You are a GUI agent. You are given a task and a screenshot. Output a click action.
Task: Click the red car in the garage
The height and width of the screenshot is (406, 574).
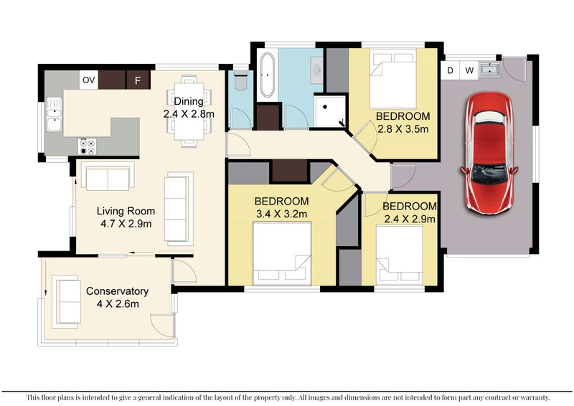pos(489,153)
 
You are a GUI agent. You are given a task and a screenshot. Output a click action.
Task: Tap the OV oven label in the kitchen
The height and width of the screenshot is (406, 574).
pos(88,80)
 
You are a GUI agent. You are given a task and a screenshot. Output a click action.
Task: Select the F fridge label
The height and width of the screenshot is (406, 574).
pos(138,80)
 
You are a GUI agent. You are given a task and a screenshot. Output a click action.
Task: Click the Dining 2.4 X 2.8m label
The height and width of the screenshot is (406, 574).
pos(189,108)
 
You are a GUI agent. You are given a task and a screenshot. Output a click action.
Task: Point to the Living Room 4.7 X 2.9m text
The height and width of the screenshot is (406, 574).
pos(126,217)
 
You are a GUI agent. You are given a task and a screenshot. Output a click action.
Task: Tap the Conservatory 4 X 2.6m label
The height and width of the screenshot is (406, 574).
pos(118,297)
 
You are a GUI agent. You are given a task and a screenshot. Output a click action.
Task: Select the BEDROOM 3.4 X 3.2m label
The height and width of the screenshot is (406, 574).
pos(281,207)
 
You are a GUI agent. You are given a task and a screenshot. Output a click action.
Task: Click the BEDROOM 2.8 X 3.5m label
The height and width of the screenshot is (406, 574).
pos(403,122)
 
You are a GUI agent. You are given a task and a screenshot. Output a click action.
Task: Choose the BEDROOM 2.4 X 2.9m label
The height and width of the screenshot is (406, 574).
pos(410,212)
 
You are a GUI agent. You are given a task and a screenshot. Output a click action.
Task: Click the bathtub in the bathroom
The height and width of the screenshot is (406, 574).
pos(267,75)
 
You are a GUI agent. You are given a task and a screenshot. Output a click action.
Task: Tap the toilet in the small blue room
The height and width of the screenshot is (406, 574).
pos(241,80)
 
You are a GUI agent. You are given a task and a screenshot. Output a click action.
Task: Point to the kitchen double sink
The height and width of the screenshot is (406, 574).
pos(54,114)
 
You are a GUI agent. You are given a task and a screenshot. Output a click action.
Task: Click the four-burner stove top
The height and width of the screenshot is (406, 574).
pos(88,146)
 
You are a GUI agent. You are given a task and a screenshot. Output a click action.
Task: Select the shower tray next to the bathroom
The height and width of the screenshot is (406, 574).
pos(330,111)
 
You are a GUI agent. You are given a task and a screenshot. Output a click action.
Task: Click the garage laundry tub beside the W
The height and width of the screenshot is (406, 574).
pos(489,70)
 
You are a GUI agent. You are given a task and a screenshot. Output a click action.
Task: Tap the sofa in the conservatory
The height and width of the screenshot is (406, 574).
pos(66,301)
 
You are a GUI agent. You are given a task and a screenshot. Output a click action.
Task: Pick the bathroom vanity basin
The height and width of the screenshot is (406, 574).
pos(317,70)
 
